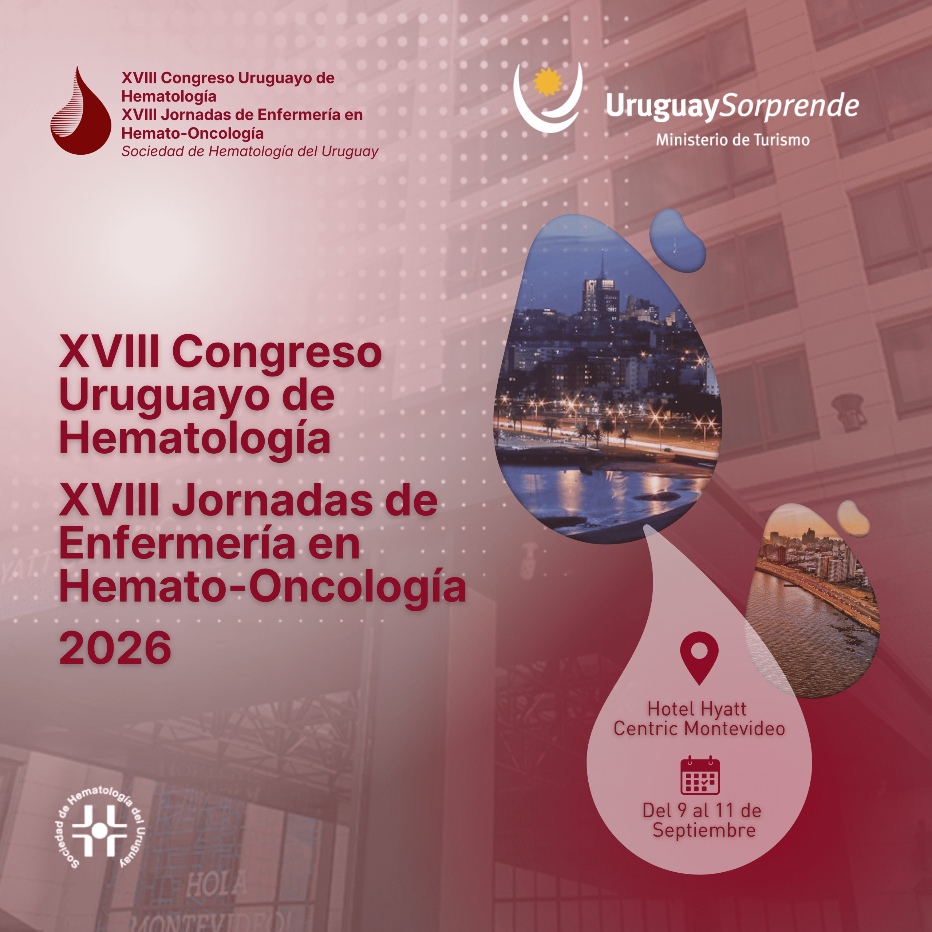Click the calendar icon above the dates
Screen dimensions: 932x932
[x=700, y=775]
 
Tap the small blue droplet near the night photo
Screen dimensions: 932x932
[x=677, y=240]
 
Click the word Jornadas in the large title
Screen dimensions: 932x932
[x=273, y=501]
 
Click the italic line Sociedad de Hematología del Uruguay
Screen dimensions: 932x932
[x=250, y=151]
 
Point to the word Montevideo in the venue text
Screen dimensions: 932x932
[x=735, y=728]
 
